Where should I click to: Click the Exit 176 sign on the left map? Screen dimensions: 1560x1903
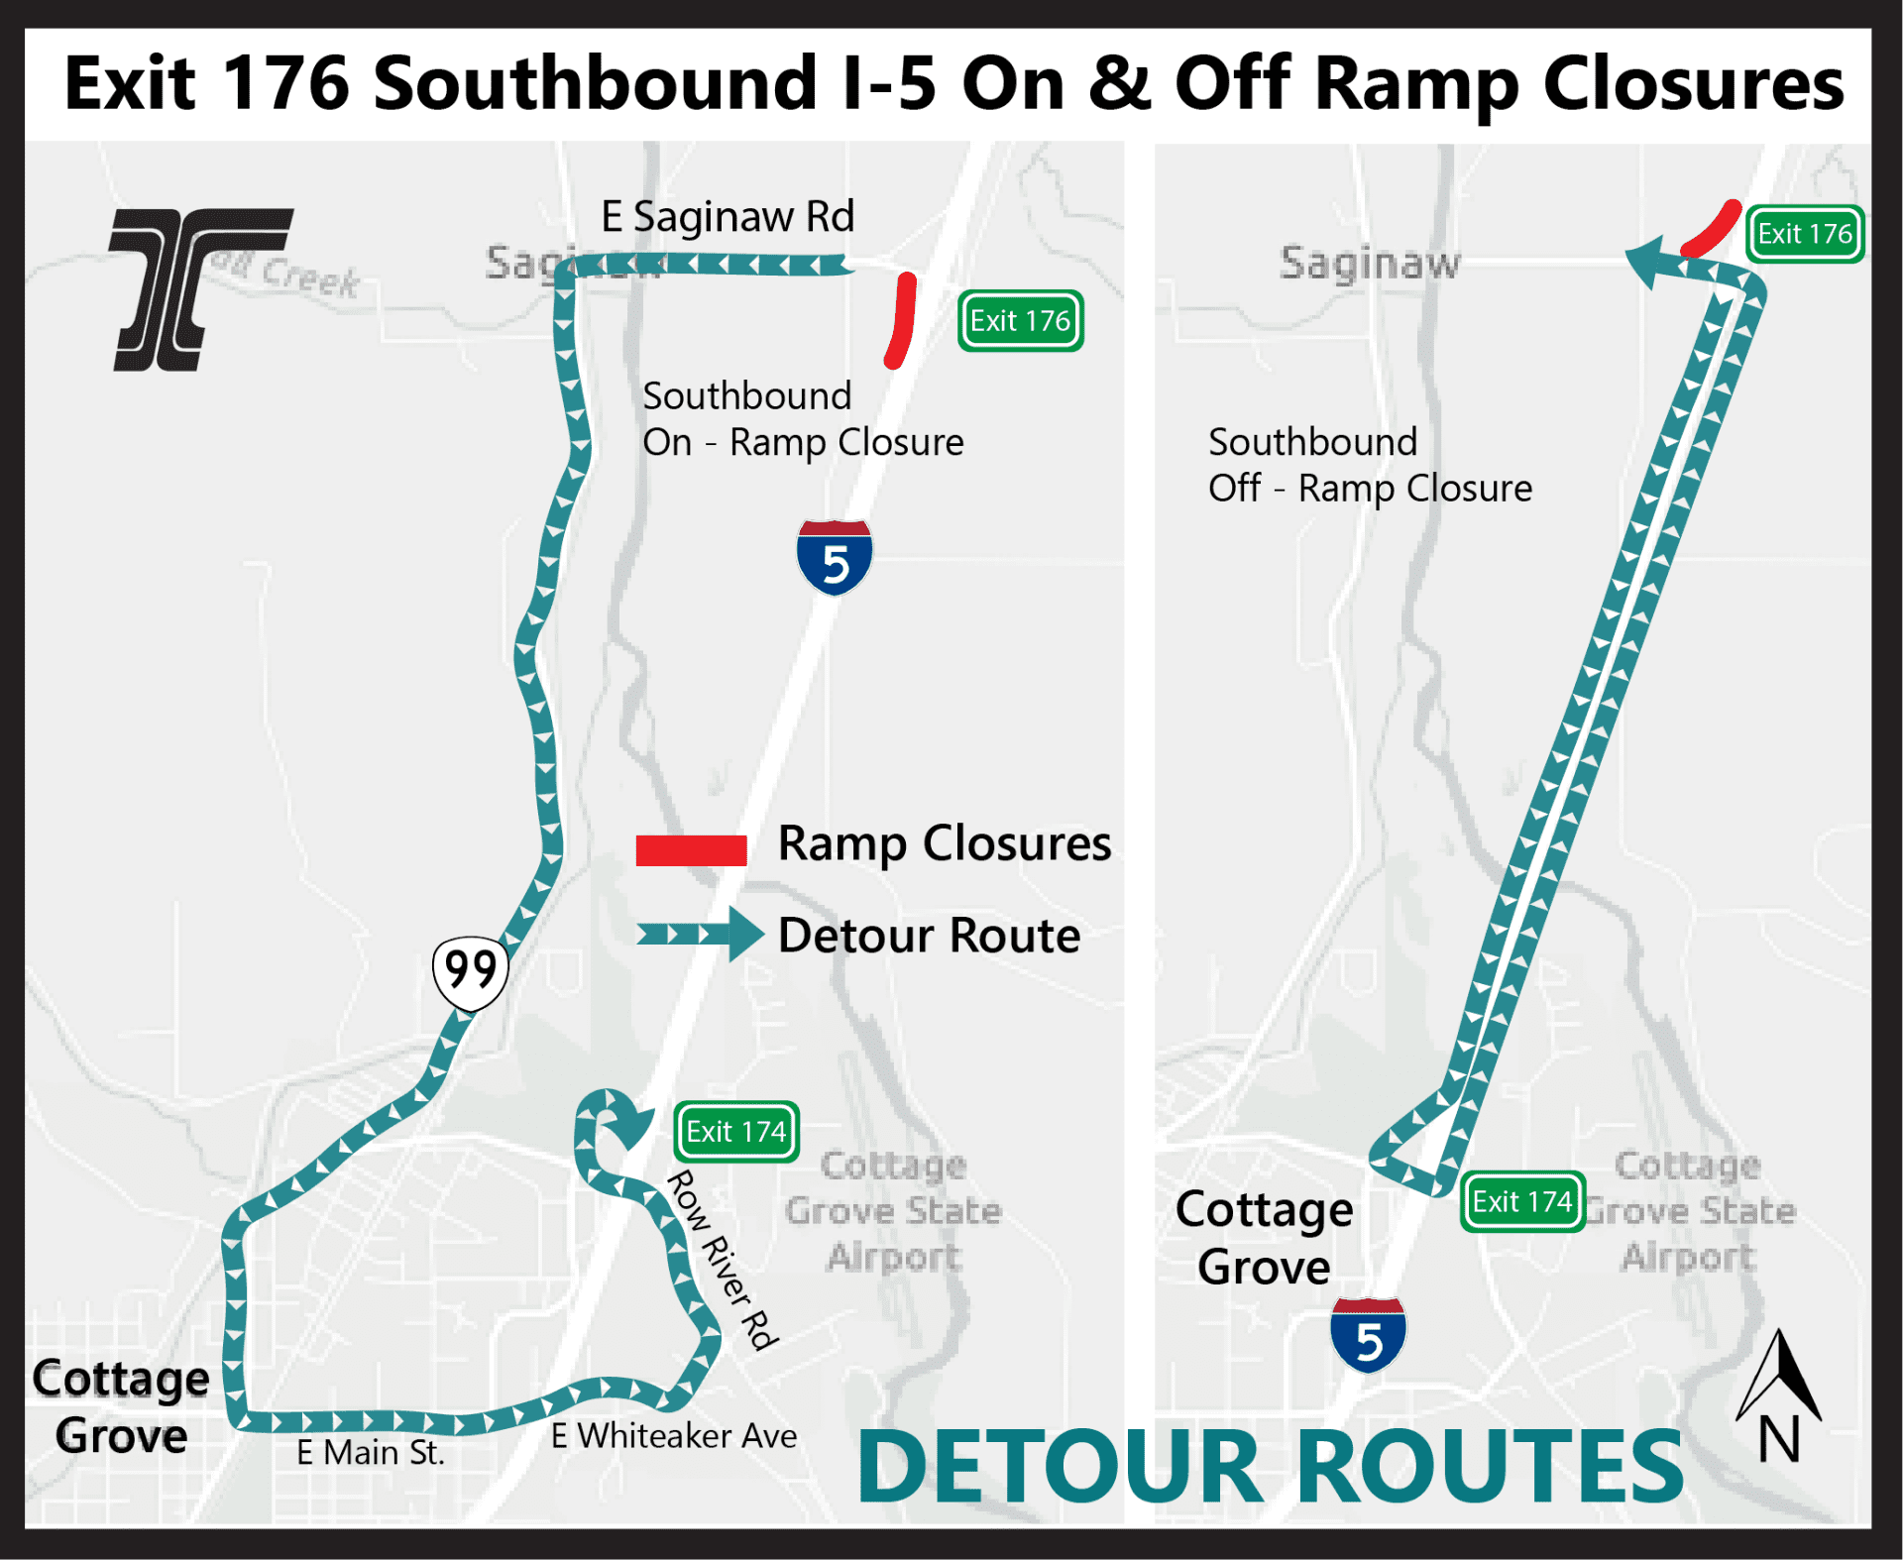point(1020,321)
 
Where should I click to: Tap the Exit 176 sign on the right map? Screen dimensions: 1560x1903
point(1804,234)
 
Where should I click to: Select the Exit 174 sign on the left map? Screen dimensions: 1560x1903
point(735,1131)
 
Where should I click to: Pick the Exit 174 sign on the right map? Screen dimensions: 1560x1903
point(1521,1202)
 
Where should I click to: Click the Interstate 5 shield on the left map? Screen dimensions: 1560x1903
point(835,558)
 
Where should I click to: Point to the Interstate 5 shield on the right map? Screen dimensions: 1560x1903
point(1368,1336)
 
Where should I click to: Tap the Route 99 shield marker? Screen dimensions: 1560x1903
point(471,971)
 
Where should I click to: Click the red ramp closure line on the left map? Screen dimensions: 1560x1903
point(902,319)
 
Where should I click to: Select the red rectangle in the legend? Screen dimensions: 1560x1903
point(691,850)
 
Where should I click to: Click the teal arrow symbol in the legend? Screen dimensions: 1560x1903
point(700,934)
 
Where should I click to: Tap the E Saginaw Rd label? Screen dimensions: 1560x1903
point(728,217)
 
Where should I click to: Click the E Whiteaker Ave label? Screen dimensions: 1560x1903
point(674,1435)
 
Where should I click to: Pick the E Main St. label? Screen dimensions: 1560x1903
point(370,1453)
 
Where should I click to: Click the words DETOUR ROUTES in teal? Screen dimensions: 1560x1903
point(1270,1468)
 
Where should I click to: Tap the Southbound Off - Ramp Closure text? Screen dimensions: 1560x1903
point(1369,465)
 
